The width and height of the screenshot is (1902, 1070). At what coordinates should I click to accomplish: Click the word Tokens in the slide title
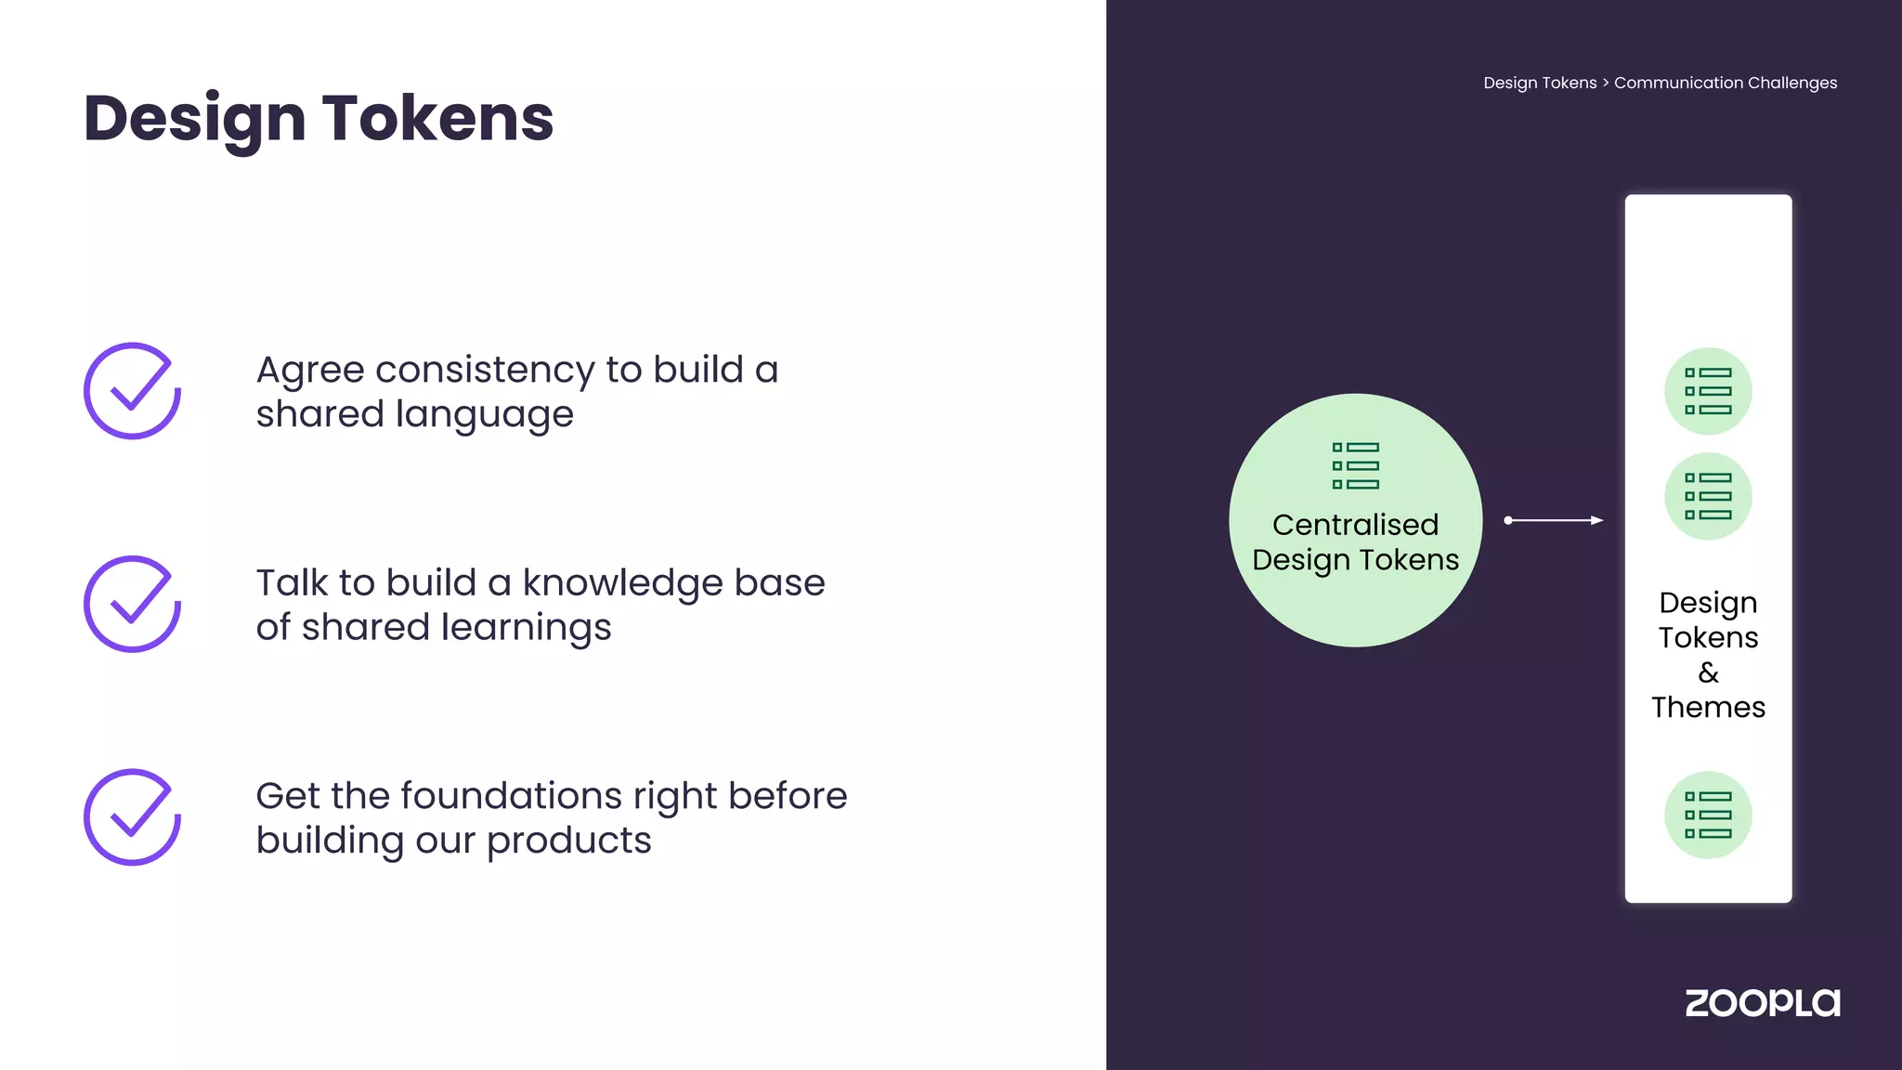tap(437, 119)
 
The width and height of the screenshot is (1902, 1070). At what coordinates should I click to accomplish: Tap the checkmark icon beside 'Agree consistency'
tap(132, 391)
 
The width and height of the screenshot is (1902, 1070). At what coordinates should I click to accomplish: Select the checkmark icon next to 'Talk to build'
tap(132, 604)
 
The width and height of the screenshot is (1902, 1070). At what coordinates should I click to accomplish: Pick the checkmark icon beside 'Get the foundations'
tap(132, 817)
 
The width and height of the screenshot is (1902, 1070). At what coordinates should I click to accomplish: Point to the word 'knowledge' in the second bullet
tap(622, 584)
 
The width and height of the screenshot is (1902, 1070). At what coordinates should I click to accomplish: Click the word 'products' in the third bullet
tap(568, 842)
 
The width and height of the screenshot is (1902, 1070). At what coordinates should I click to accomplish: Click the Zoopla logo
tap(1762, 1003)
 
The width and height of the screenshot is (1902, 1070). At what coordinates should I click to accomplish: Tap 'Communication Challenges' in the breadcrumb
tap(1726, 83)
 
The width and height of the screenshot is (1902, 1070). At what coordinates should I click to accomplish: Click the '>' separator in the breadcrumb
tap(1606, 83)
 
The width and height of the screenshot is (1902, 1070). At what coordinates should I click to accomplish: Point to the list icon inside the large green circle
tap(1356, 465)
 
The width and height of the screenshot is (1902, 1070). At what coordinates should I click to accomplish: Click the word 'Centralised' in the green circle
tap(1355, 525)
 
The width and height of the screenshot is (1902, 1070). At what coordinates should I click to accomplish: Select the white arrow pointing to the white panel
tap(1554, 520)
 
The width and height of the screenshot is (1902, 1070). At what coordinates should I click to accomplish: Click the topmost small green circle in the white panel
tap(1708, 391)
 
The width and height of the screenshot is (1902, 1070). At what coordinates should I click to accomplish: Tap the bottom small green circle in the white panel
tap(1708, 815)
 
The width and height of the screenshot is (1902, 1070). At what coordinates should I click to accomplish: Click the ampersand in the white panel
tap(1708, 672)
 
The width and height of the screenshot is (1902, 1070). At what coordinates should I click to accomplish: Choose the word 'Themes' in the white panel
tap(1708, 708)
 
